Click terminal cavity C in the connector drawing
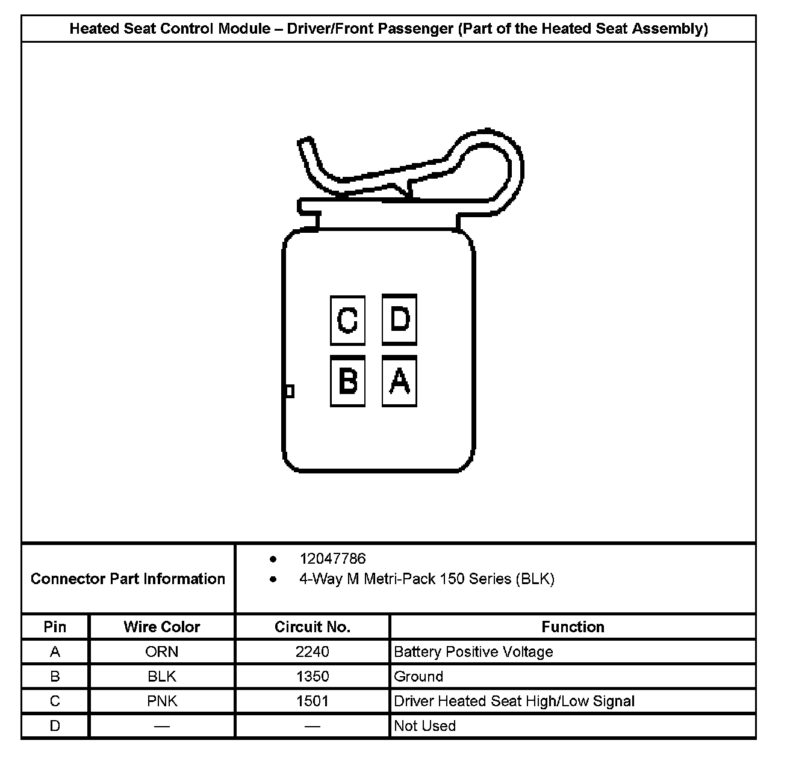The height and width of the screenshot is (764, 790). [x=347, y=320]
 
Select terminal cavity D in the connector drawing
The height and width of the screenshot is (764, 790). [x=399, y=319]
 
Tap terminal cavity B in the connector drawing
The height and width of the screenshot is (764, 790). [x=347, y=381]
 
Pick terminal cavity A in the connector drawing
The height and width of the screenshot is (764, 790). [x=399, y=381]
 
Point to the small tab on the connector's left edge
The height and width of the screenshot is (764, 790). [x=289, y=392]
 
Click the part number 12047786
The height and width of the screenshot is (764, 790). [x=332, y=559]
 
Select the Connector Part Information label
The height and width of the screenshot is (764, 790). [x=128, y=579]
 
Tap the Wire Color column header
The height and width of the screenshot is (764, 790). [x=161, y=627]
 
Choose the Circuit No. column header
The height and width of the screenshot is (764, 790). [x=312, y=627]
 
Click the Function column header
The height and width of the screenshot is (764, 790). [x=573, y=627]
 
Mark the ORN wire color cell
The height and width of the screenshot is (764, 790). [x=161, y=652]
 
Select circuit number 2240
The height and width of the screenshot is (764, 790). [x=312, y=652]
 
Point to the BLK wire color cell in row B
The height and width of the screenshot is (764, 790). [x=161, y=676]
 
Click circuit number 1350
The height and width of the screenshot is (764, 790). [x=312, y=676]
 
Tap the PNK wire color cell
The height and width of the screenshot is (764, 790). [x=161, y=701]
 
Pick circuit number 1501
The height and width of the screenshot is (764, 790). [x=312, y=701]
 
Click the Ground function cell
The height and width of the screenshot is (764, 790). [x=418, y=676]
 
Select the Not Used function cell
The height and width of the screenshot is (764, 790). [x=425, y=725]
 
